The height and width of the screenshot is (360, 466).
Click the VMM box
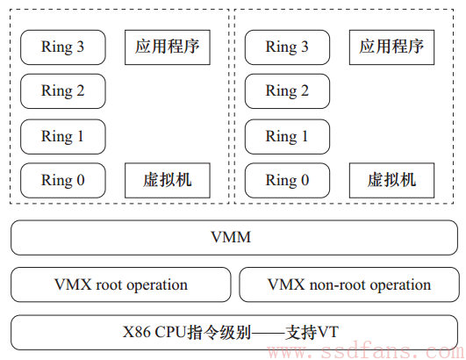pyautogui.click(x=234, y=238)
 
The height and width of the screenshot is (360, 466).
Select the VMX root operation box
pyautogui.click(x=120, y=284)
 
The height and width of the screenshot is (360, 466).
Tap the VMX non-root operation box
pyautogui.click(x=349, y=284)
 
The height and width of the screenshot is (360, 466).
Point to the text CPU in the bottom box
pyautogui.click(x=170, y=331)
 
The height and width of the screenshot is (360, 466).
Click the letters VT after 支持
pyautogui.click(x=327, y=331)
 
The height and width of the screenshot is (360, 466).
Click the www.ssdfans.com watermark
pyautogui.click(x=366, y=352)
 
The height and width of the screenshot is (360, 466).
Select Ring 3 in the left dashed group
pyautogui.click(x=62, y=47)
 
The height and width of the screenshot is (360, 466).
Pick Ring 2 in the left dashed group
pyautogui.click(x=62, y=91)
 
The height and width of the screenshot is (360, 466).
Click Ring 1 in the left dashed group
pyautogui.click(x=62, y=137)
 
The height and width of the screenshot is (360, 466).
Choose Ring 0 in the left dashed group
pyautogui.click(x=62, y=181)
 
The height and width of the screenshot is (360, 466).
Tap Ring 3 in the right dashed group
pyautogui.click(x=287, y=47)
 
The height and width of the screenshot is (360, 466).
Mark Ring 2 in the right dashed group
pyautogui.click(x=287, y=91)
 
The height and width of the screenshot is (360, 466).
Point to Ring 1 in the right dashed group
pyautogui.click(x=287, y=137)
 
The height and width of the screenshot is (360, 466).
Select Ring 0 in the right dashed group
pyautogui.click(x=287, y=181)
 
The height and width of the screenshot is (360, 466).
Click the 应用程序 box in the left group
pyautogui.click(x=168, y=47)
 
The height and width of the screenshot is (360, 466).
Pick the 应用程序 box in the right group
pyautogui.click(x=391, y=47)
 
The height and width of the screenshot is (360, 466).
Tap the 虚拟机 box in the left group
pyautogui.click(x=168, y=181)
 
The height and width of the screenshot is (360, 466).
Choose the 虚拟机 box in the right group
pyautogui.click(x=391, y=181)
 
